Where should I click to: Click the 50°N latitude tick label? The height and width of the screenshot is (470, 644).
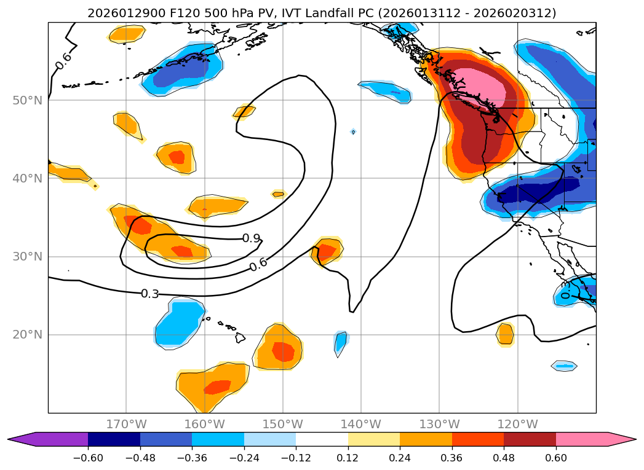point(27,100)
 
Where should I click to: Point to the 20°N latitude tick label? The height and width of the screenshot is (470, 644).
point(27,335)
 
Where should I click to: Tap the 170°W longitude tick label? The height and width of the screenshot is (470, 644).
point(126,424)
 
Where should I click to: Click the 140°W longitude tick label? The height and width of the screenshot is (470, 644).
point(361,424)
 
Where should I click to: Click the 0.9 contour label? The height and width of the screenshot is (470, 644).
point(250,238)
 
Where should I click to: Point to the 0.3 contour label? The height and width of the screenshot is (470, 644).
point(149,294)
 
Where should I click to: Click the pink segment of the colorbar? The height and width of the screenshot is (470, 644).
point(582,439)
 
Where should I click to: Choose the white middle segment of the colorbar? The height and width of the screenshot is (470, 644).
point(322,439)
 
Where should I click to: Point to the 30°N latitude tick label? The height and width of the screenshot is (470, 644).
point(27,257)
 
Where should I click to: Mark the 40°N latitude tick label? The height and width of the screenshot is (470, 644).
point(27,179)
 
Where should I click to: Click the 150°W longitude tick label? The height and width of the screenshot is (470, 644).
point(283,424)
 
